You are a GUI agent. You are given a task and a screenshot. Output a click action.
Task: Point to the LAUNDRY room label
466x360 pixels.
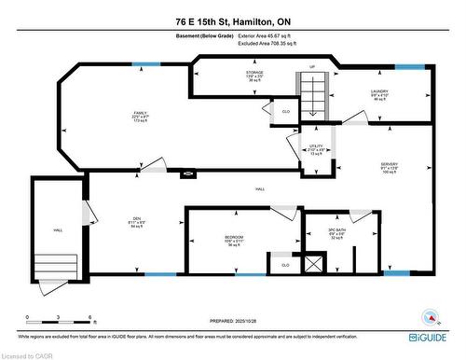tap(378, 90)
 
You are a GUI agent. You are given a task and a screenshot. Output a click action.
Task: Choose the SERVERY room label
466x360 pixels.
tap(389, 163)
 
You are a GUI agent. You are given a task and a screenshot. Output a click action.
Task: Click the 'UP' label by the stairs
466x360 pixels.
tap(312, 67)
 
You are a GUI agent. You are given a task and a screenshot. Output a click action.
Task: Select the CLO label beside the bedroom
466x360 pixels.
tap(284, 265)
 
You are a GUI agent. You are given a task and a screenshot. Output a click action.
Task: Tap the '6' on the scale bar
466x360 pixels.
tap(89, 318)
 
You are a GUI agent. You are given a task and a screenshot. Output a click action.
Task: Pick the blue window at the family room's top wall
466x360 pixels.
tap(145, 63)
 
